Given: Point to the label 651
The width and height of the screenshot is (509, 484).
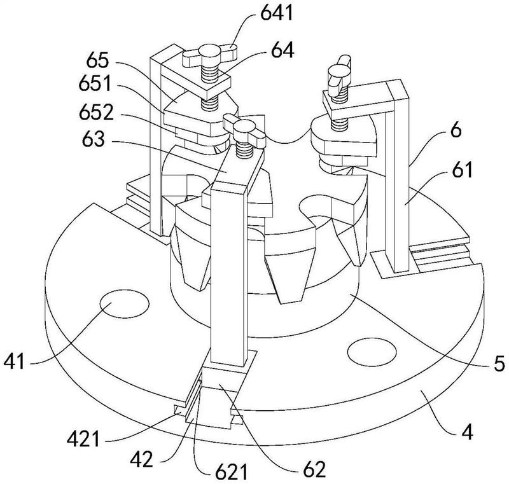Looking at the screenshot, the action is (x=95, y=83).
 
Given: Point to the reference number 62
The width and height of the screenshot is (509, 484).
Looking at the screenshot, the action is (x=314, y=469).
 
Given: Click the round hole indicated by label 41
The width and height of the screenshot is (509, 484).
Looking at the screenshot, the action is (x=124, y=304).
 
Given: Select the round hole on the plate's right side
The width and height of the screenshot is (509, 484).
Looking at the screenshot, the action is (x=372, y=352).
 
